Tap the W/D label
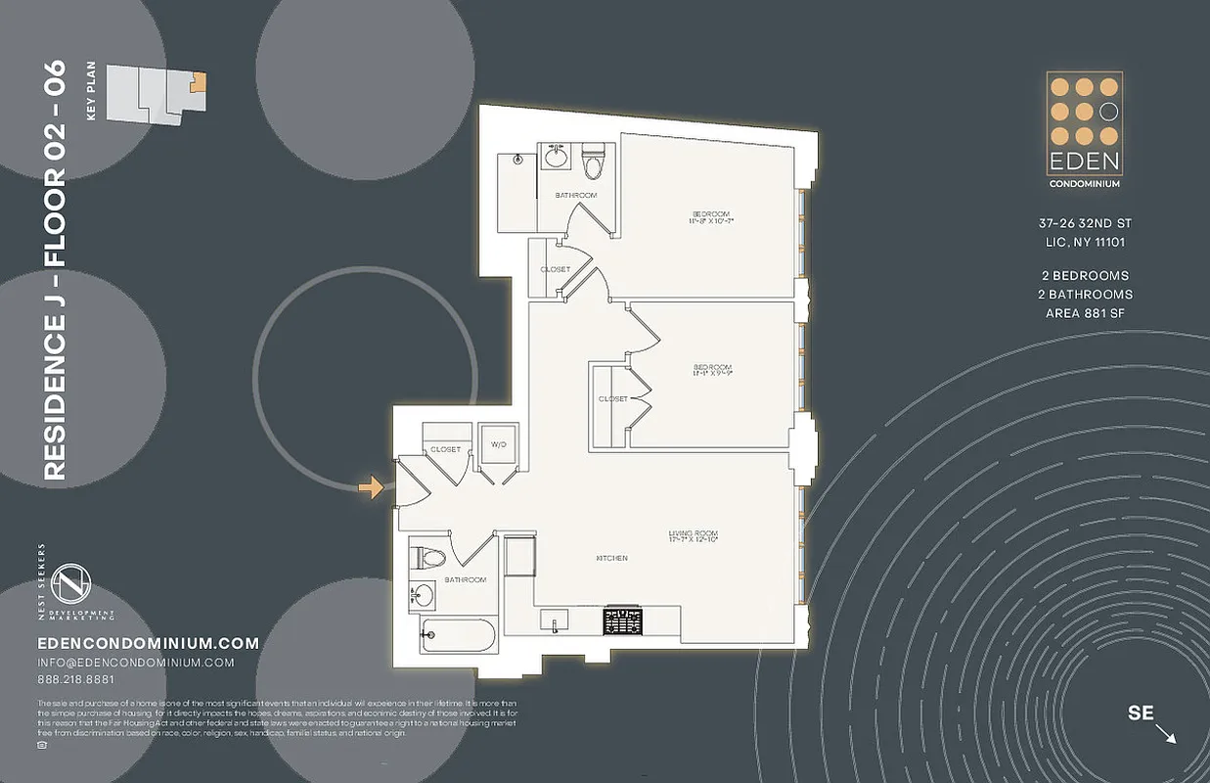coord(498,446)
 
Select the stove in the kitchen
coord(623,621)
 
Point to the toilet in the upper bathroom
coord(593,162)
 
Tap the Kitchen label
coord(611,558)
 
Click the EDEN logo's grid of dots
coord(1084,111)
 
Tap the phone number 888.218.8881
coord(75,680)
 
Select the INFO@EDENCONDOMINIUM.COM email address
coord(135,663)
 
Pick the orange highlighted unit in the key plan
coord(199,83)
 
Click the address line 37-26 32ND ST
coord(1085,223)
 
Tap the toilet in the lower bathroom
coord(430,558)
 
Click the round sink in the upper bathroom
coord(556,156)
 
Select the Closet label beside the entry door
coord(445,449)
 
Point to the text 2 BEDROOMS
coord(1085,276)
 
